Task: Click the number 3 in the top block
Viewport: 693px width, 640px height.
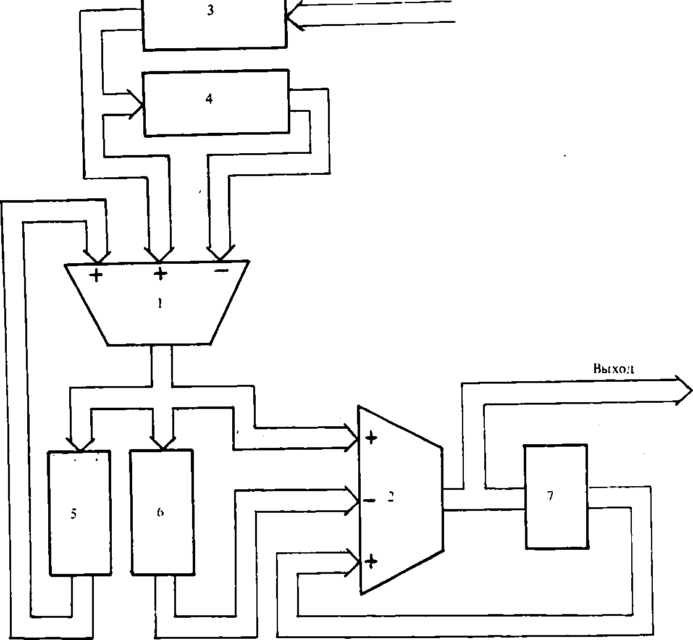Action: [210, 11]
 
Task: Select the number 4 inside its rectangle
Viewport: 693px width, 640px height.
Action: [209, 99]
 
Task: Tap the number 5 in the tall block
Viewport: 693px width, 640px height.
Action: [73, 514]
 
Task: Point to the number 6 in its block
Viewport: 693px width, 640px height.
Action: [160, 512]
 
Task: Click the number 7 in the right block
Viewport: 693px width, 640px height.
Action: [550, 495]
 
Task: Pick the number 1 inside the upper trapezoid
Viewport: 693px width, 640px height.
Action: [159, 303]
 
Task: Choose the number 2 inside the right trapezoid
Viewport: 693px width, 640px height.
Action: [390, 497]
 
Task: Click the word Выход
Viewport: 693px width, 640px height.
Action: [613, 369]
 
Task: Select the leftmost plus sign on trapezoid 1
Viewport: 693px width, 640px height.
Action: [96, 275]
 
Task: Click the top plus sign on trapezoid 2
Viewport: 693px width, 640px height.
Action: [371, 439]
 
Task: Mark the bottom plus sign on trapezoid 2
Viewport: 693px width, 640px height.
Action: [371, 561]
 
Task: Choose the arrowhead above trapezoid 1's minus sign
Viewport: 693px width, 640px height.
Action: [219, 253]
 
